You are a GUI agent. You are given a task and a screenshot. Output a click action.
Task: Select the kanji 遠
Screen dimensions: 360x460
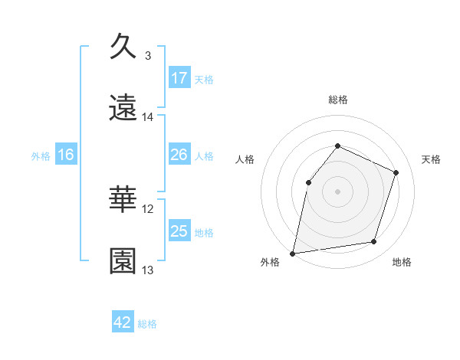pyautogui.click(x=123, y=107)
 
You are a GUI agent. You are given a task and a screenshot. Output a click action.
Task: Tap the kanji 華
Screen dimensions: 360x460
pyautogui.click(x=123, y=198)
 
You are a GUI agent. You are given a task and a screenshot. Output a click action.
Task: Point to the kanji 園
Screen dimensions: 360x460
pyautogui.click(x=123, y=260)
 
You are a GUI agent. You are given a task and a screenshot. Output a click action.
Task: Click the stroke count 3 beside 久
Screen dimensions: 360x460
pyautogui.click(x=148, y=55)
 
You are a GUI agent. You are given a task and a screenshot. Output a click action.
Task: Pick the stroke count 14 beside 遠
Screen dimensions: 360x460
pyautogui.click(x=148, y=117)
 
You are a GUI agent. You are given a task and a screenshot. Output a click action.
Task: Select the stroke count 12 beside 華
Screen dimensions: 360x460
pyautogui.click(x=148, y=208)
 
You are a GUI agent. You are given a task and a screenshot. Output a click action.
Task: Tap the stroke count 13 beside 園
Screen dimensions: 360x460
pyautogui.click(x=148, y=270)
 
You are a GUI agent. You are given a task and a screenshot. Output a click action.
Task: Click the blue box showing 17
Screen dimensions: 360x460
pyautogui.click(x=179, y=78)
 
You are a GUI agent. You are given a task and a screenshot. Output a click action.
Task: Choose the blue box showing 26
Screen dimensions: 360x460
pyautogui.click(x=179, y=155)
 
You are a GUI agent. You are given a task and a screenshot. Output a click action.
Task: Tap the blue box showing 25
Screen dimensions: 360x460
pyautogui.click(x=179, y=231)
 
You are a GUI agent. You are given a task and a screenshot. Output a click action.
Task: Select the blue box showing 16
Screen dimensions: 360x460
pyautogui.click(x=66, y=155)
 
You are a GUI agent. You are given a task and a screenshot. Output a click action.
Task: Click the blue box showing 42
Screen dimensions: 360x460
pyautogui.click(x=123, y=322)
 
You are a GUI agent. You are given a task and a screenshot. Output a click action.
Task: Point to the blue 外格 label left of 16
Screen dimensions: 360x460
pyautogui.click(x=41, y=155)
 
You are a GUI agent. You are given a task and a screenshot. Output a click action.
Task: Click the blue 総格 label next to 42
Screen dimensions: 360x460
pyautogui.click(x=147, y=323)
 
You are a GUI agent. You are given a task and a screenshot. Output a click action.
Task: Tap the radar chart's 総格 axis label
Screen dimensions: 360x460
pyautogui.click(x=337, y=100)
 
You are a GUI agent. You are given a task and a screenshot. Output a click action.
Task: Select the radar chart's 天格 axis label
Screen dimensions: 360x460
pyautogui.click(x=432, y=159)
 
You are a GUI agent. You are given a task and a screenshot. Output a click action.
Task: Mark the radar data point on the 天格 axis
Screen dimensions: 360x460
pyautogui.click(x=396, y=172)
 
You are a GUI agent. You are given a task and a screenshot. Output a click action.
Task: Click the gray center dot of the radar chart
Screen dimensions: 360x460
pyautogui.click(x=337, y=191)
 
